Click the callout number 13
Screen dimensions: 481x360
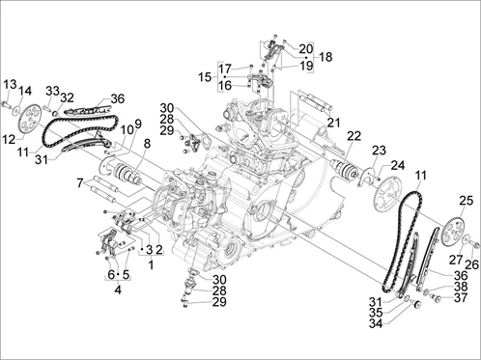click(10, 85)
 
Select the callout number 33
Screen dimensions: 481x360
click(52, 91)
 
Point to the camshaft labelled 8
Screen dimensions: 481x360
click(128, 172)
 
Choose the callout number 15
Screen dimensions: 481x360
click(205, 77)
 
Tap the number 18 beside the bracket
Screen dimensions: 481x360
click(325, 57)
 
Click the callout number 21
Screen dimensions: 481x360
click(333, 123)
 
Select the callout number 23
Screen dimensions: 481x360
click(379, 151)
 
